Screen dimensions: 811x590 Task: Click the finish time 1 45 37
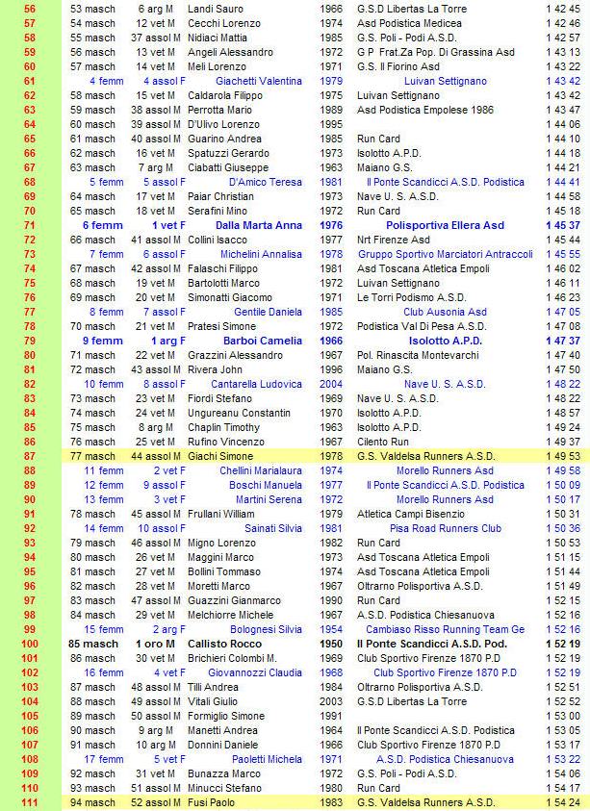tap(562, 225)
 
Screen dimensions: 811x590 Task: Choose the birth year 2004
tap(330, 384)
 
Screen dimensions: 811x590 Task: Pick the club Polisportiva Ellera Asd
tap(445, 225)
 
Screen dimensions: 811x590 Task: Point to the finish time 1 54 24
tap(562, 802)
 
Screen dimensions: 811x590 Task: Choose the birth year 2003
tap(330, 701)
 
